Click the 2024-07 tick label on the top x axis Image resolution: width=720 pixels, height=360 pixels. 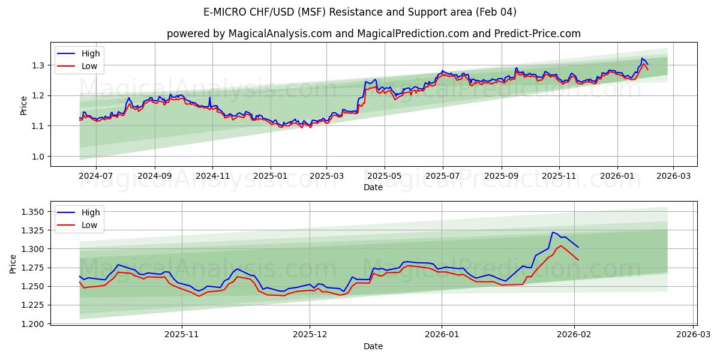pos(96,176)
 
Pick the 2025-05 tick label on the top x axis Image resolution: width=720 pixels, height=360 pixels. pos(384,176)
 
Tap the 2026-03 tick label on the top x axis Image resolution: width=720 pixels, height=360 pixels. pos(673,176)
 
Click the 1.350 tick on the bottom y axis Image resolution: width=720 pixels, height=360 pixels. pos(32,212)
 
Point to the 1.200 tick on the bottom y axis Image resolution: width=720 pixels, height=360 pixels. pos(32,324)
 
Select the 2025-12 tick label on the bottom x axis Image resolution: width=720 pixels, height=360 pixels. pos(310,335)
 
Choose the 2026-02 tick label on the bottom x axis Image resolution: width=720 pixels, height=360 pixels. pos(575,335)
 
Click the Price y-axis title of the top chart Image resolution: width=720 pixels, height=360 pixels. pos(23,106)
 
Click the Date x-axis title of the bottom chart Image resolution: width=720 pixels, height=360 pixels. pos(373,346)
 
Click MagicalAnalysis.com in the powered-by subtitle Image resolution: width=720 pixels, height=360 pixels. pos(280,34)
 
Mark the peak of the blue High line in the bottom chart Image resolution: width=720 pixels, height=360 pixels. pos(553,232)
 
